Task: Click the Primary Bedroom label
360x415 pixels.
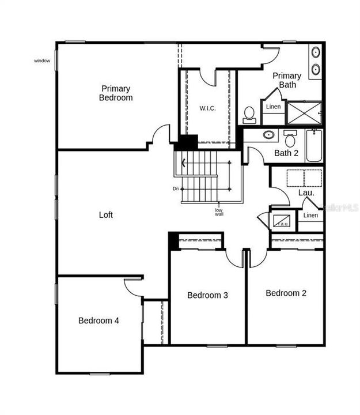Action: [116, 93]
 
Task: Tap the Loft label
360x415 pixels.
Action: [105, 215]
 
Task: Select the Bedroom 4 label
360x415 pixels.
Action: [98, 320]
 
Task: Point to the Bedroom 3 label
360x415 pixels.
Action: [207, 295]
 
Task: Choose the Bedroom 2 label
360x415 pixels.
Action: [286, 293]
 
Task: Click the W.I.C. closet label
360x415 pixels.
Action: [208, 108]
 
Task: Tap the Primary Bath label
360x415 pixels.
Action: [287, 80]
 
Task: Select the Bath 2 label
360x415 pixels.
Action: [286, 153]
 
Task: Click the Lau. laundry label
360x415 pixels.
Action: [306, 193]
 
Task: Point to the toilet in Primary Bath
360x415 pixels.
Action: [249, 114]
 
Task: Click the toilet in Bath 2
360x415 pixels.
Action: [290, 139]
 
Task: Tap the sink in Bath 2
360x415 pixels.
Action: [268, 135]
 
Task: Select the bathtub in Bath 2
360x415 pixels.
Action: [314, 145]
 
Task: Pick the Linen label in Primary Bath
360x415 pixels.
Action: [274, 106]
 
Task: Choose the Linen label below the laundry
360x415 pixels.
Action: [310, 216]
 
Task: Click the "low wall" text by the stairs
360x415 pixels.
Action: [219, 212]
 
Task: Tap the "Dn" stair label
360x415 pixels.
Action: [176, 188]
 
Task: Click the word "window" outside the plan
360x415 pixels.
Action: [42, 61]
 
